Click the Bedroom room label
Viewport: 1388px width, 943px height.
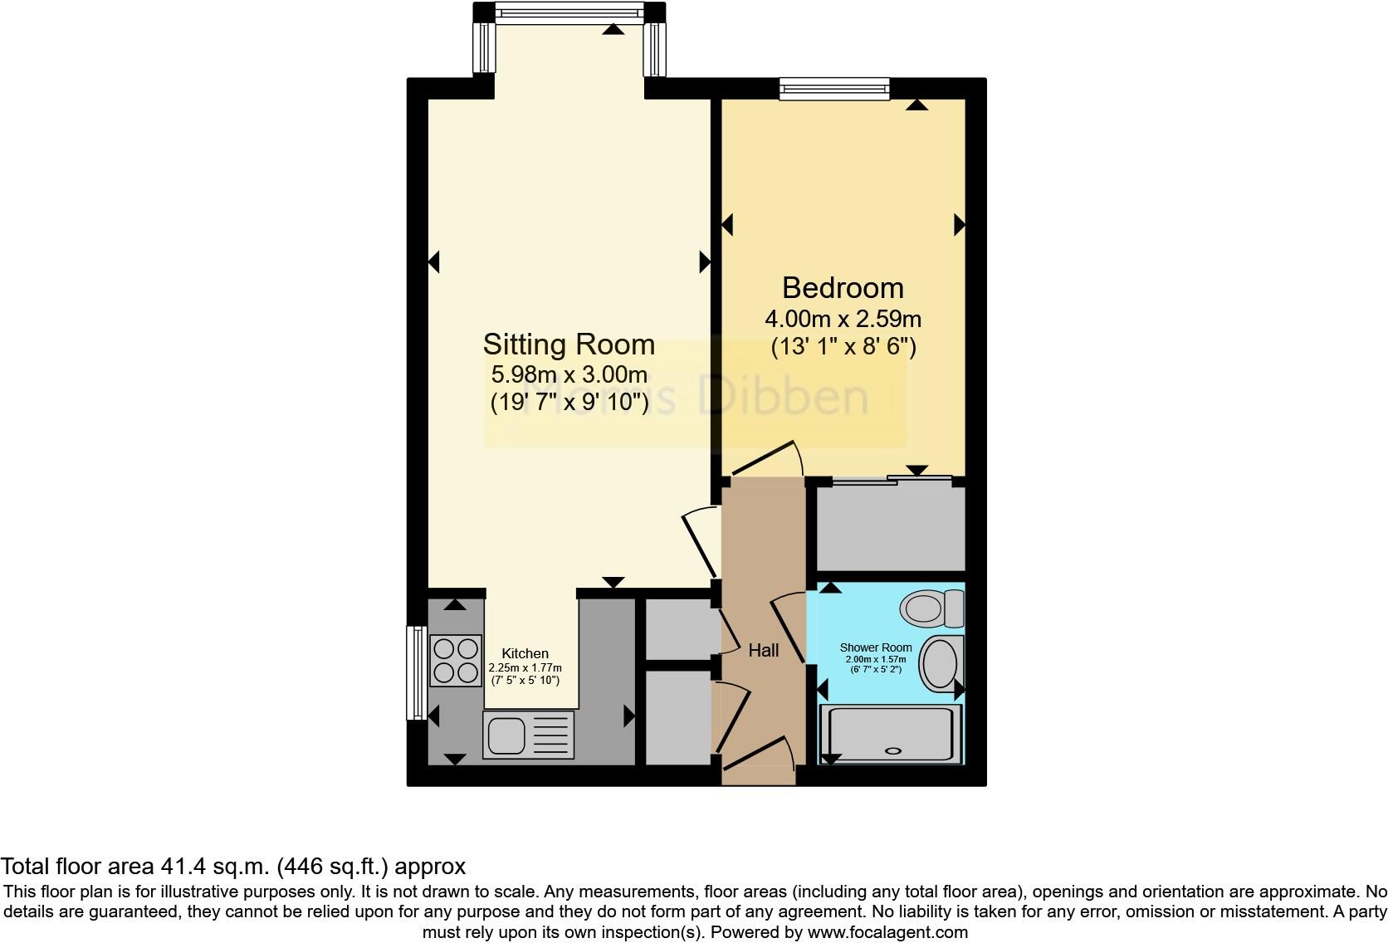[843, 288]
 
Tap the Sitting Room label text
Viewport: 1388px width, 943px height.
[569, 344]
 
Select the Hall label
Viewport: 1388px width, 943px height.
[763, 650]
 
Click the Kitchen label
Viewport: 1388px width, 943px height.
[525, 653]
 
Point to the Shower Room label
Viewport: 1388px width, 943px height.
[875, 647]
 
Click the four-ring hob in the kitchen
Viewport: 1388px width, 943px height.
[456, 660]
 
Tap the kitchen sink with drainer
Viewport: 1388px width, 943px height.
[529, 735]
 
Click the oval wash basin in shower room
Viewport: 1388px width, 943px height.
[941, 663]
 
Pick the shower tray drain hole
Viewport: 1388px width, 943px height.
[893, 750]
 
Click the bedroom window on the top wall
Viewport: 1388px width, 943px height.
[834, 87]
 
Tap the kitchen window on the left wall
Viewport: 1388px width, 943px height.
[414, 672]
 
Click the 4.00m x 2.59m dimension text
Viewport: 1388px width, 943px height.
[843, 319]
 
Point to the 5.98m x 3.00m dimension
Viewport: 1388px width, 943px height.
[569, 374]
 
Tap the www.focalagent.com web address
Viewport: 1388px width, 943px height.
[887, 932]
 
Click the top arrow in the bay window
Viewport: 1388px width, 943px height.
[613, 30]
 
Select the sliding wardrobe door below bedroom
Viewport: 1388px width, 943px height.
[888, 480]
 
